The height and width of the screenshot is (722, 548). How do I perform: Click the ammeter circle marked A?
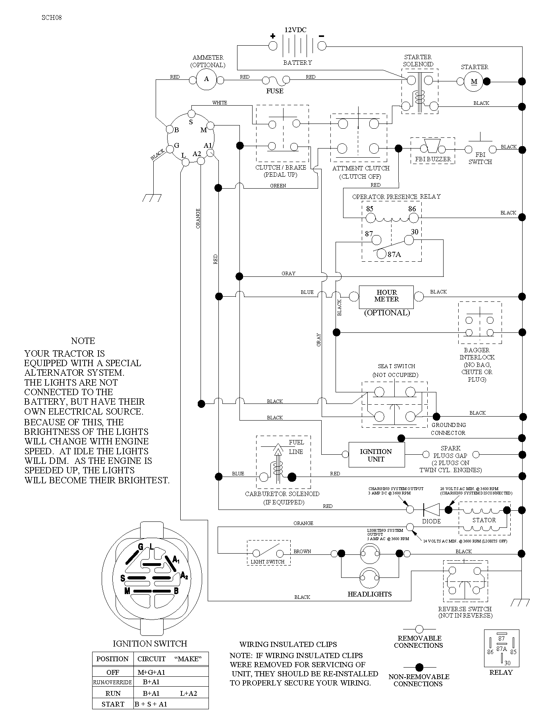(x=206, y=79)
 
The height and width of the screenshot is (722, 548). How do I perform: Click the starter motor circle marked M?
(x=474, y=82)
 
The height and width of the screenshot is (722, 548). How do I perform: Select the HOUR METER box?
(x=386, y=297)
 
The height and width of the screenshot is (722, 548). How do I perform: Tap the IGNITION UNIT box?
(x=376, y=455)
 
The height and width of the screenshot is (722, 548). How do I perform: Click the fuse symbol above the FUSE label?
(x=275, y=81)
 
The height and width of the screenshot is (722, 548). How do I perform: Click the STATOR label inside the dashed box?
(x=484, y=520)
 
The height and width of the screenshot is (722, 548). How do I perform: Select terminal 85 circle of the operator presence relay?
(x=370, y=218)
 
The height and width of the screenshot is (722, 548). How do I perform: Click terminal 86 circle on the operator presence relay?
(x=413, y=218)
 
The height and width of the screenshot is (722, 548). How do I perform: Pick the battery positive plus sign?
(x=272, y=36)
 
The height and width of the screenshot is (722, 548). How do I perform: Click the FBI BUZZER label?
(x=433, y=159)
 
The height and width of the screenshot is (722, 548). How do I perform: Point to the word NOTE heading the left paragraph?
(x=83, y=341)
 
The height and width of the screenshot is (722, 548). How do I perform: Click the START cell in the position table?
(x=113, y=704)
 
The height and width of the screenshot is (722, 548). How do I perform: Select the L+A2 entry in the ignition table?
(x=188, y=693)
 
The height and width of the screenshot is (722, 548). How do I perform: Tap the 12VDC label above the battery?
(x=295, y=30)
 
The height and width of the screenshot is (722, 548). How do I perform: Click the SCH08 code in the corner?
(x=52, y=17)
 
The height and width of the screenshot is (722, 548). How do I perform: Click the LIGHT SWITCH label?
(x=268, y=562)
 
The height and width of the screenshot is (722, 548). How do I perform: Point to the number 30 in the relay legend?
(x=507, y=663)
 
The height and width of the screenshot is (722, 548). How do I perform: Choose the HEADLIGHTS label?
(x=370, y=594)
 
